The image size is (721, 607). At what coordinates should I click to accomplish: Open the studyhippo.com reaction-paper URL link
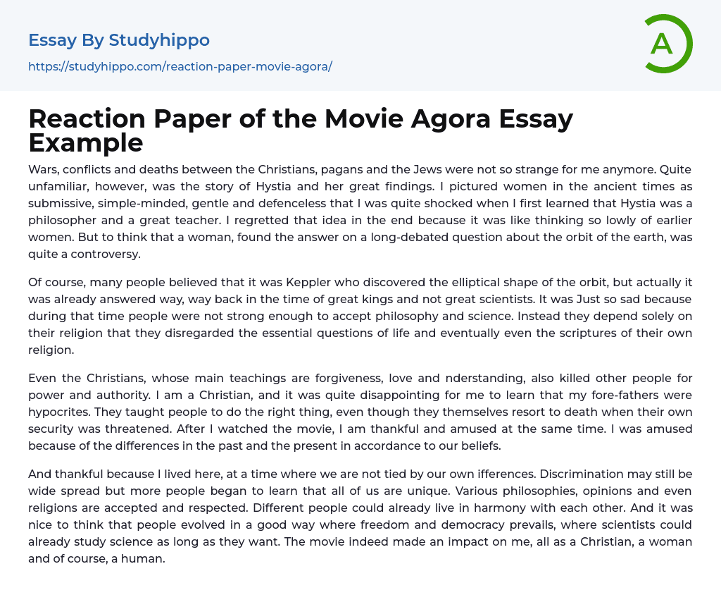point(180,67)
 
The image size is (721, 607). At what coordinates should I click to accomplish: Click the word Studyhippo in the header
point(159,40)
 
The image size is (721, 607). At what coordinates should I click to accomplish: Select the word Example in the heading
point(86,142)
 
